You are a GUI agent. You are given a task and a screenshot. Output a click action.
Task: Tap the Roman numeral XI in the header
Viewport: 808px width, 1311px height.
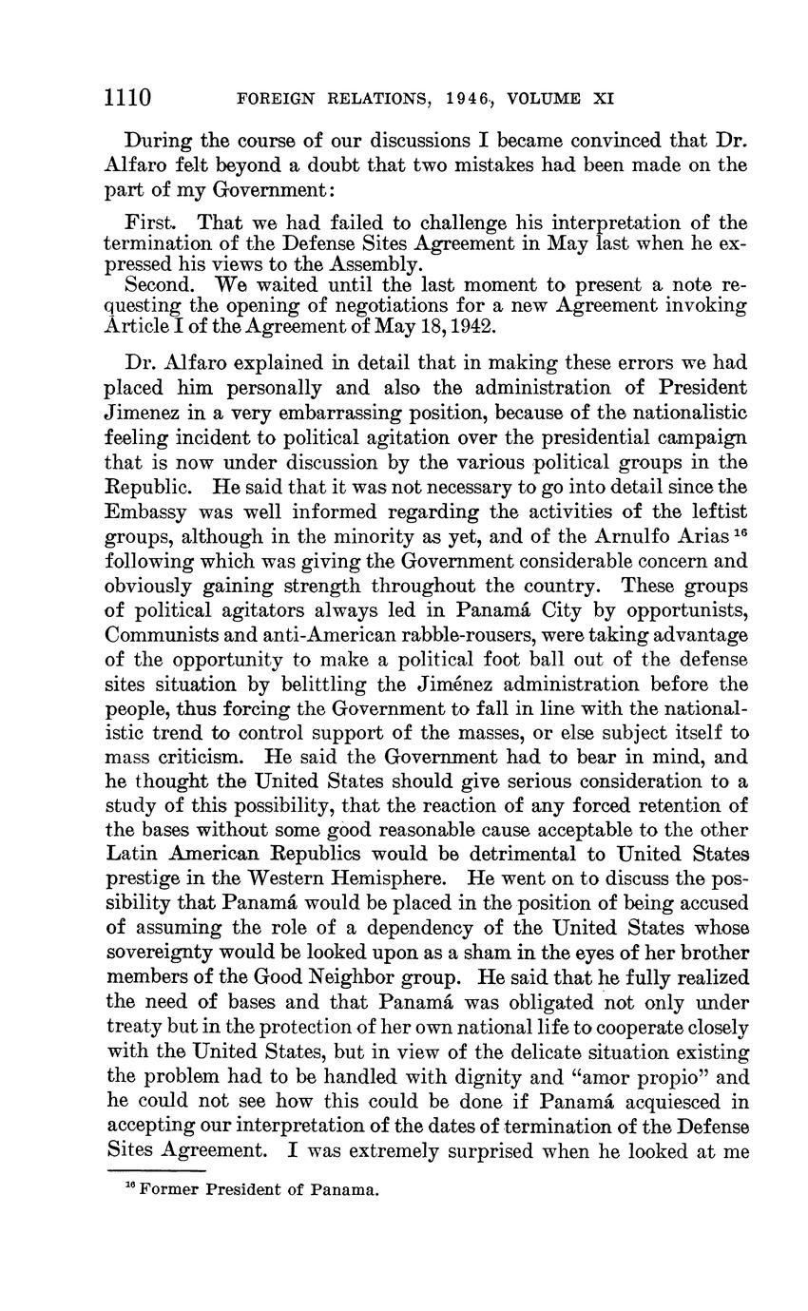click(x=603, y=97)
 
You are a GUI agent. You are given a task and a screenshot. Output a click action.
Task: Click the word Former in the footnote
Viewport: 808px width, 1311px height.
click(x=169, y=1189)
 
